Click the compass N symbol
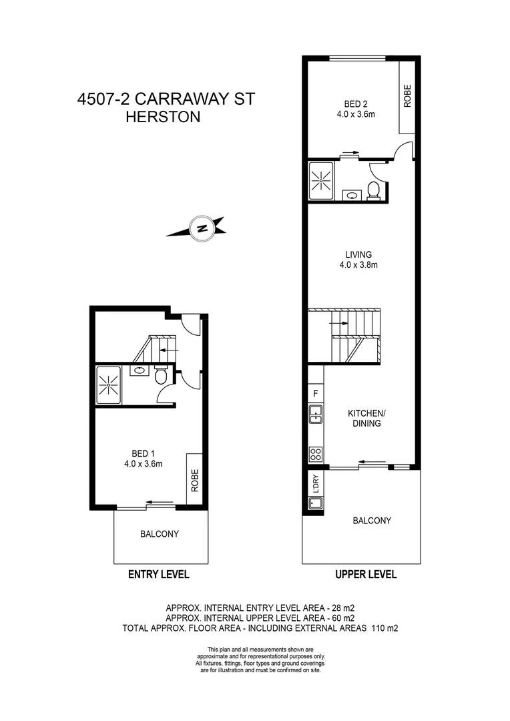point(201,228)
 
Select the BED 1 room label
point(144,459)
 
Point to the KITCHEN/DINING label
point(364,418)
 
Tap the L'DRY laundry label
point(314,484)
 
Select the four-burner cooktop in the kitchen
point(315,455)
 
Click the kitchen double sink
point(315,415)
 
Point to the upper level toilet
point(374,191)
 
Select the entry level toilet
point(160,377)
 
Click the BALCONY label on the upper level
point(372,521)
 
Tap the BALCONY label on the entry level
point(159,534)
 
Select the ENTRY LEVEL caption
point(159,574)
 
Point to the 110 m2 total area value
point(383,628)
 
